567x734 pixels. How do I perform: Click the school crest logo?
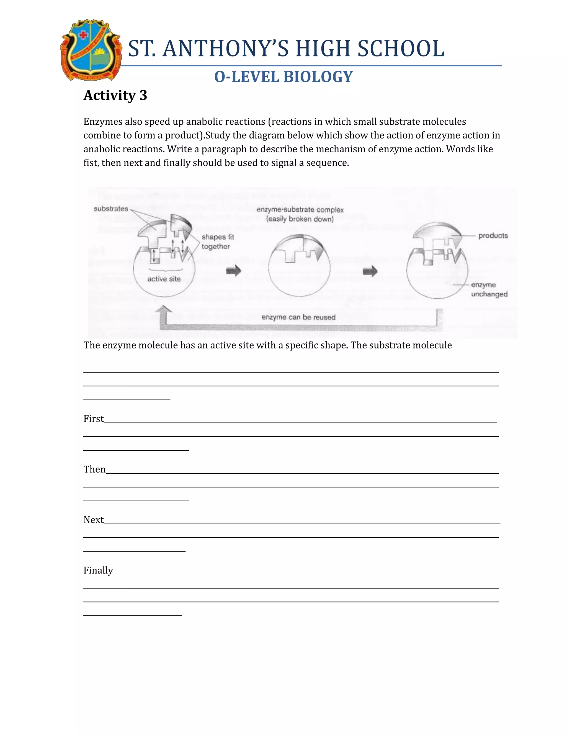[x=91, y=50]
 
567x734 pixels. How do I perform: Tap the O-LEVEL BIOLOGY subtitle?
[x=283, y=77]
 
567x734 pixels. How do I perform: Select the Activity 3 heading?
[x=115, y=95]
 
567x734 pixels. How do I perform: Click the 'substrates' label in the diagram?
[x=110, y=209]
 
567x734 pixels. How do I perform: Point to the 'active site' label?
[x=164, y=279]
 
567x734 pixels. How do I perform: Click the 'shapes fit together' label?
[x=217, y=242]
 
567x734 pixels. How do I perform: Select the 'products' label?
[x=493, y=236]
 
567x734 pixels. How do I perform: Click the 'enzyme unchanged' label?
[x=489, y=289]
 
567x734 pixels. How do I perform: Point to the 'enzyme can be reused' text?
[x=298, y=317]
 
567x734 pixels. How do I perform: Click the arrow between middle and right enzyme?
[x=370, y=271]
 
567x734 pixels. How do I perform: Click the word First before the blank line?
[x=93, y=419]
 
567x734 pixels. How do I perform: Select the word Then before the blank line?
[x=94, y=469]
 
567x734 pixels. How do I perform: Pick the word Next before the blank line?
[x=93, y=520]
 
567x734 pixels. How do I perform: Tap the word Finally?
[x=98, y=570]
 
